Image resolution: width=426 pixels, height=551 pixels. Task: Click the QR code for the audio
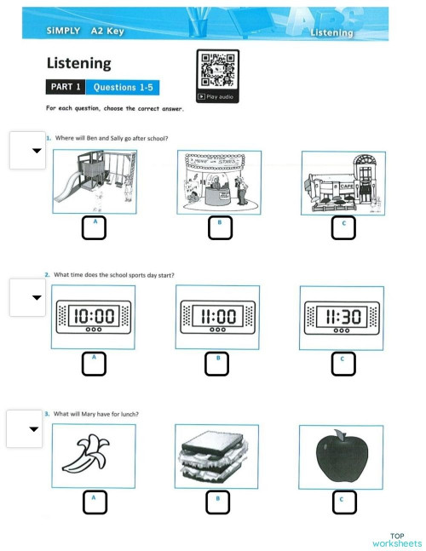[218, 70]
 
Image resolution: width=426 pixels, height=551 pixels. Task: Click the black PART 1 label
[66, 87]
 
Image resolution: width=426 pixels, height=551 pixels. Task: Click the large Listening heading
[78, 63]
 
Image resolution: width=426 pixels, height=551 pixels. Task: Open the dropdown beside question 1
[26, 151]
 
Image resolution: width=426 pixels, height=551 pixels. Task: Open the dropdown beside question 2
[26, 297]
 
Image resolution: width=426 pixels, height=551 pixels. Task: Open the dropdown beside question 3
[25, 428]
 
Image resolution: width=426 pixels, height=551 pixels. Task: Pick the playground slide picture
[94, 182]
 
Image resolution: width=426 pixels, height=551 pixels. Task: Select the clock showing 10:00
[94, 317]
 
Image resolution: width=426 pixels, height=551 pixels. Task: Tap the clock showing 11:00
[218, 317]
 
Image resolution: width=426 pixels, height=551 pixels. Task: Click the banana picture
[94, 455]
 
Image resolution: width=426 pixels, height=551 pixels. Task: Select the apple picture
[341, 456]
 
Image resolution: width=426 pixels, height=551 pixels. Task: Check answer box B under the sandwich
[218, 502]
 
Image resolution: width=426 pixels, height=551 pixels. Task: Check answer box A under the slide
[94, 227]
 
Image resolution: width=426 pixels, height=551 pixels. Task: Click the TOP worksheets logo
[396, 540]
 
